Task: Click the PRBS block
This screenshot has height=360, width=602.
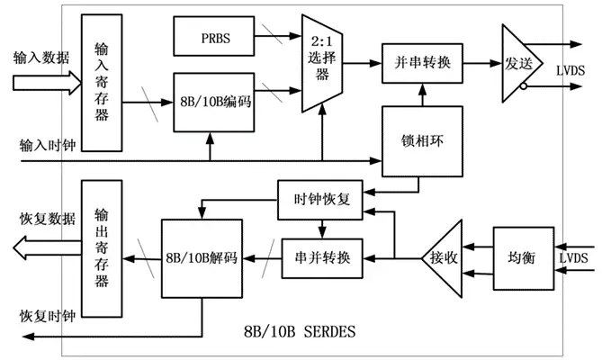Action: click(214, 36)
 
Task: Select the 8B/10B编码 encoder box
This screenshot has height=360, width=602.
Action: click(214, 102)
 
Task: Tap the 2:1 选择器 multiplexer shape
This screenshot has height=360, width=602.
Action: click(322, 63)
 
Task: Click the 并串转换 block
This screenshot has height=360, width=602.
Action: click(422, 63)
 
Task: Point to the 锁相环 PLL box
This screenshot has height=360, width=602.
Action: click(422, 141)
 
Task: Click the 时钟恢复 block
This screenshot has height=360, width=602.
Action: click(320, 200)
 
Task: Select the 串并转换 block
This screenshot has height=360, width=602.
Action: click(322, 258)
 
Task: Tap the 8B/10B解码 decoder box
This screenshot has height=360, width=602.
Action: click(202, 258)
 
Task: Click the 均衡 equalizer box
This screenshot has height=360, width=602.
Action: click(524, 258)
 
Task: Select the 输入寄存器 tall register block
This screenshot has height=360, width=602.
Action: click(102, 83)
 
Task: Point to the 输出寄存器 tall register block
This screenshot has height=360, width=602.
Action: click(102, 248)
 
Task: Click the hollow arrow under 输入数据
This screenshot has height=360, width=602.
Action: click(47, 83)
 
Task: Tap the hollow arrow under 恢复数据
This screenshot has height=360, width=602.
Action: click(47, 247)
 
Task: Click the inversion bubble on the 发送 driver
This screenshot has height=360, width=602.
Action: click(524, 86)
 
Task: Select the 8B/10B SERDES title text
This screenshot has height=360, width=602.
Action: click(300, 331)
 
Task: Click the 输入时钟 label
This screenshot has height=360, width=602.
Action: click(48, 146)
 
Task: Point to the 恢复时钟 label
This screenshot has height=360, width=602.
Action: click(48, 316)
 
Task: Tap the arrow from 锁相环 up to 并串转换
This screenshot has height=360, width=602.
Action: click(422, 94)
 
